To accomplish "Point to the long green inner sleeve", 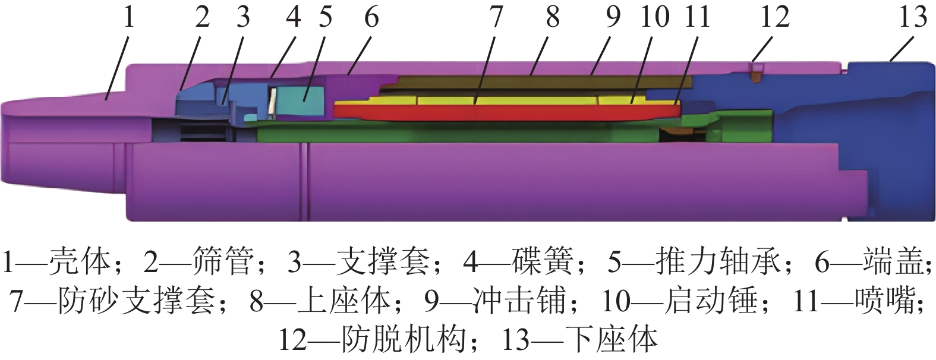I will pyautogui.click(x=458, y=135).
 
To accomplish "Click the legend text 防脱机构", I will pyautogui.click(x=404, y=340).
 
